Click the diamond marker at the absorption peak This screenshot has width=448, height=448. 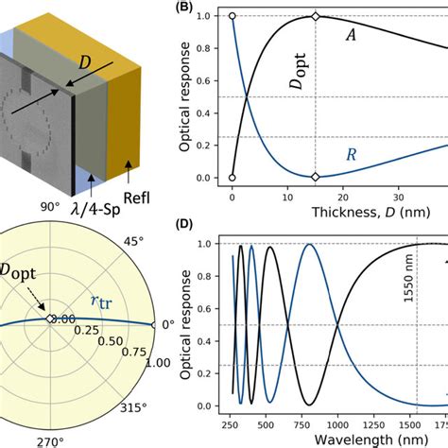(x=317, y=16)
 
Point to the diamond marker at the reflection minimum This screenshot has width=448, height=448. (x=317, y=177)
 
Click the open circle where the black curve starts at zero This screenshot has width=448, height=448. (x=233, y=177)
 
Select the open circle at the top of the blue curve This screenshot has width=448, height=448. (x=233, y=16)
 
